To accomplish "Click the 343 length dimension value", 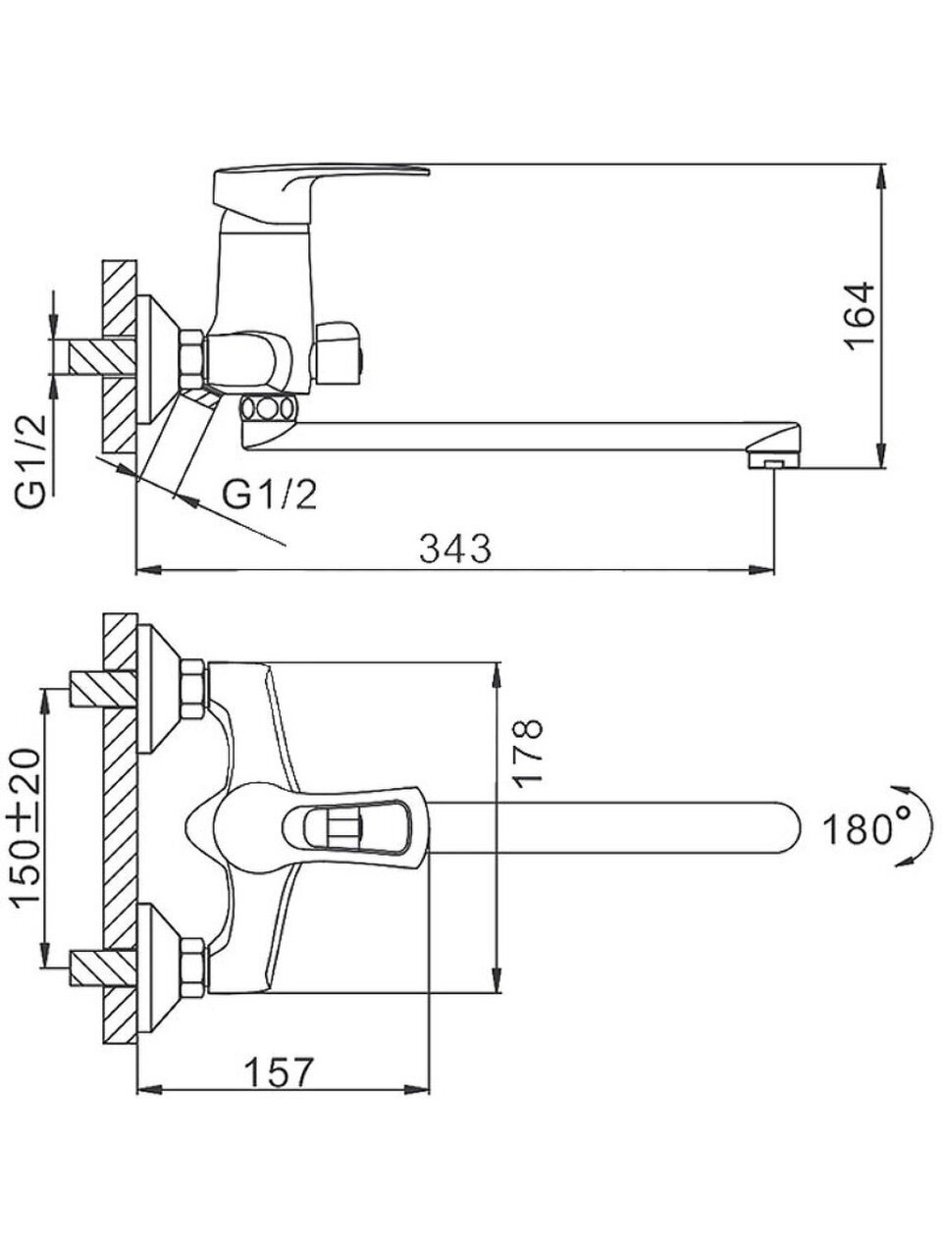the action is tap(455, 549).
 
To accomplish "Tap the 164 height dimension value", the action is tap(860, 316).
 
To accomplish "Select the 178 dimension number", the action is tap(526, 753).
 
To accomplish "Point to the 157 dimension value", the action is tap(280, 1072).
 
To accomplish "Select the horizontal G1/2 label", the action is tap(270, 495).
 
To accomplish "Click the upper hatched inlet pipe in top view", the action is tap(103, 689).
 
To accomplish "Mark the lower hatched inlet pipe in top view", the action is tap(103, 968).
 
